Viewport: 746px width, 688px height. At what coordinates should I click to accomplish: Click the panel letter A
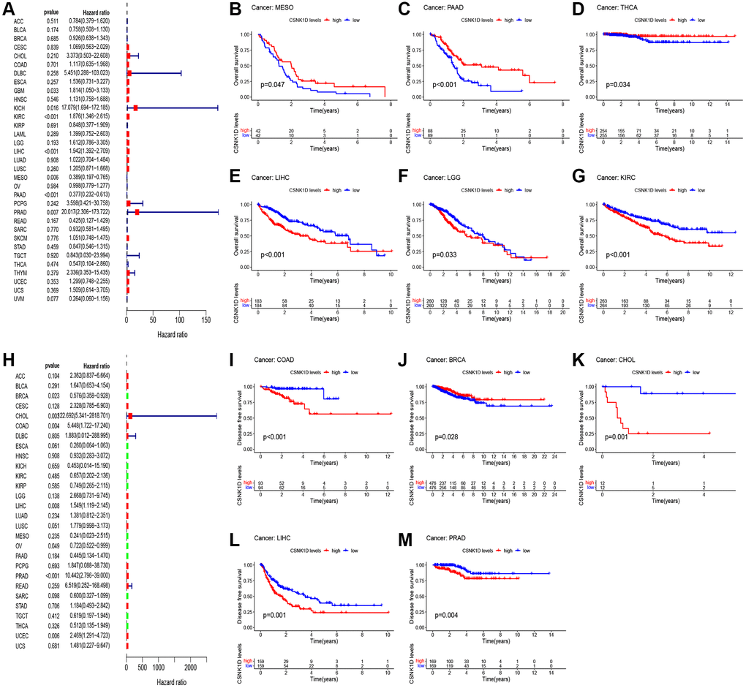[8, 9]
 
